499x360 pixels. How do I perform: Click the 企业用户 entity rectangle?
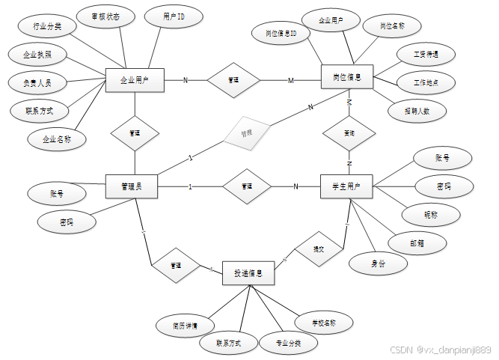pyautogui.click(x=135, y=79)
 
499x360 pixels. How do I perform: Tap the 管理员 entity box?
pyautogui.click(x=134, y=186)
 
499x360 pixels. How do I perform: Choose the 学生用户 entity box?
pyautogui.click(x=347, y=186)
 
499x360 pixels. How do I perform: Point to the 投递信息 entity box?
pyautogui.click(x=248, y=274)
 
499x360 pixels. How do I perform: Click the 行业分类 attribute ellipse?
pyautogui.click(x=47, y=27)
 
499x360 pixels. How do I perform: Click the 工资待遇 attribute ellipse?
pyautogui.click(x=416, y=55)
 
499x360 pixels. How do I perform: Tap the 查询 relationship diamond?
pyautogui.click(x=349, y=133)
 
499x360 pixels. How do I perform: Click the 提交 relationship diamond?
pyautogui.click(x=319, y=248)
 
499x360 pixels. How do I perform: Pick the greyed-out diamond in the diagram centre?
pyautogui.click(x=246, y=133)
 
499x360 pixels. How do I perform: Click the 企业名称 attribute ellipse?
pyautogui.click(x=57, y=139)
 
